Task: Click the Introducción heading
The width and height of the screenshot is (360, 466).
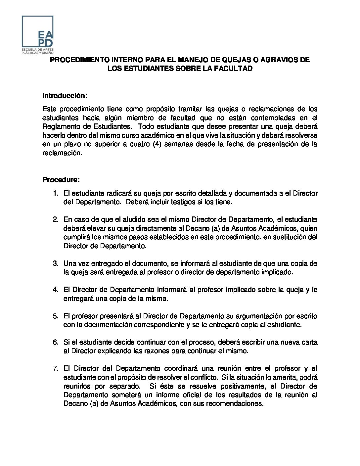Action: pyautogui.click(x=65, y=96)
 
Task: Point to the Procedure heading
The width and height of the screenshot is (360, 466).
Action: pyautogui.click(x=61, y=180)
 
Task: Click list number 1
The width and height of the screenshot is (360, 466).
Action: pyautogui.click(x=56, y=193)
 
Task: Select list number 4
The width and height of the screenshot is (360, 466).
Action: pyautogui.click(x=56, y=290)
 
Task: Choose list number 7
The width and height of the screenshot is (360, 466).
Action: pyautogui.click(x=56, y=368)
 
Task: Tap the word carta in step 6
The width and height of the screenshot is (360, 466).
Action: pyautogui.click(x=310, y=342)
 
